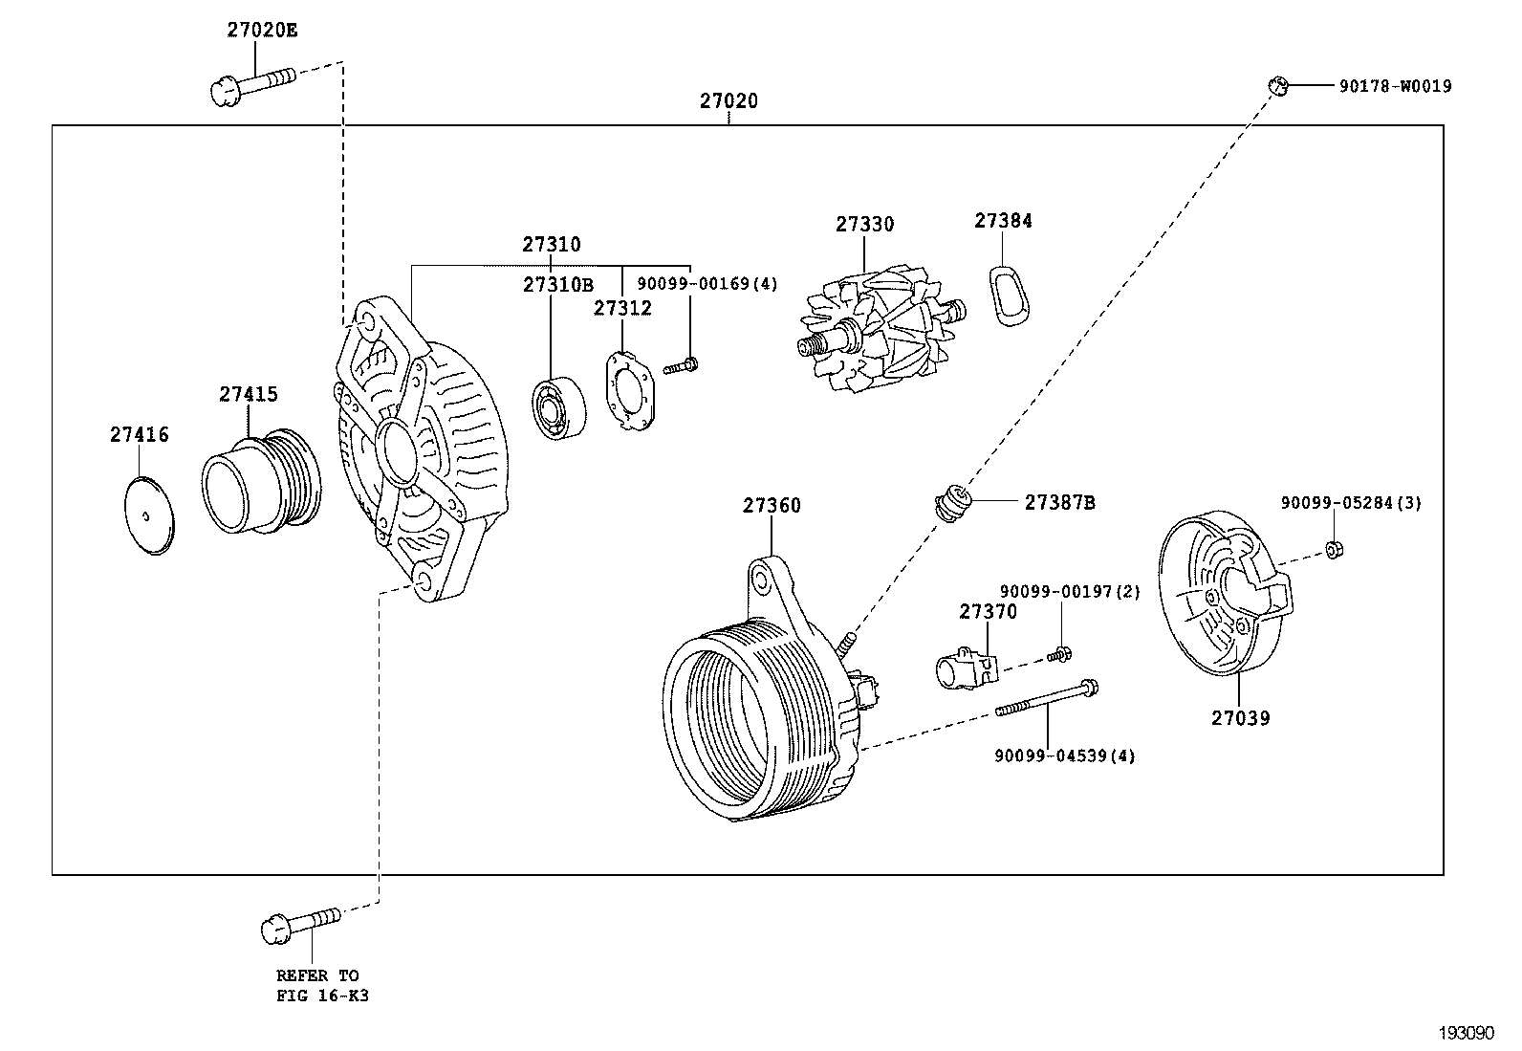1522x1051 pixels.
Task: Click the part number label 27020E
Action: [262, 30]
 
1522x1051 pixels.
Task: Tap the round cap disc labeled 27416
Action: [151, 515]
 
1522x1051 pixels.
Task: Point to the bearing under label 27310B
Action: [556, 409]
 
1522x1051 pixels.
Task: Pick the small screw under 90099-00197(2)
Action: [1057, 655]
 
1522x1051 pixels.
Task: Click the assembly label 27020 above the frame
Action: [728, 101]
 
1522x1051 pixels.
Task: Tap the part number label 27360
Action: [772, 505]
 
